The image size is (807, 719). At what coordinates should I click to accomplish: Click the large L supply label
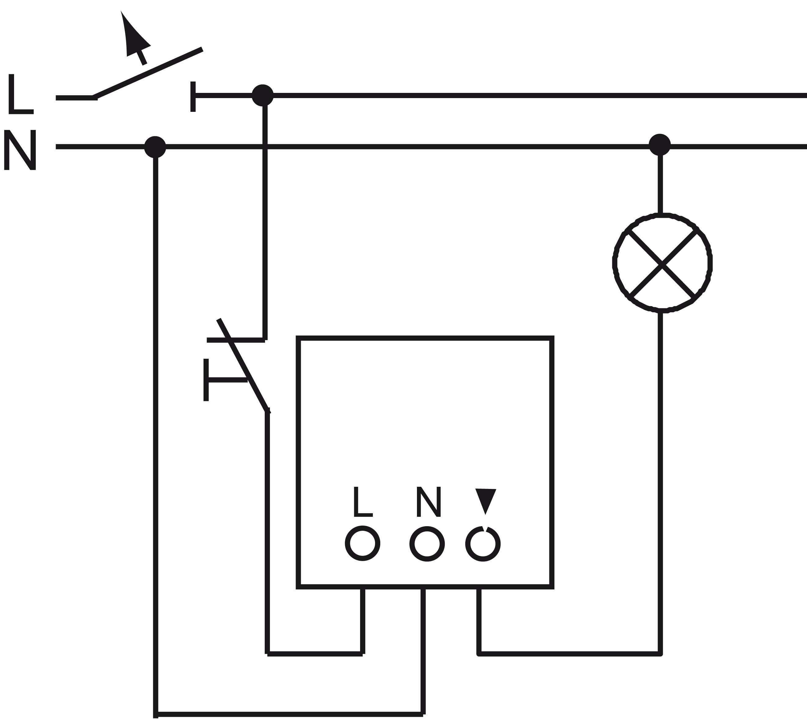point(20,94)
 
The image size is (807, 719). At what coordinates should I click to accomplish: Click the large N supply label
point(20,150)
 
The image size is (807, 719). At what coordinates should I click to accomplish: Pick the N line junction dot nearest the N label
point(155,147)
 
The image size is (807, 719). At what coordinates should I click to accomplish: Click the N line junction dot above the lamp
point(660,145)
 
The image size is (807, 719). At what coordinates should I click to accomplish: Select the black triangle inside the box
point(485,499)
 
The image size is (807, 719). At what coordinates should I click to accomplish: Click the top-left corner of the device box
point(298,338)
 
